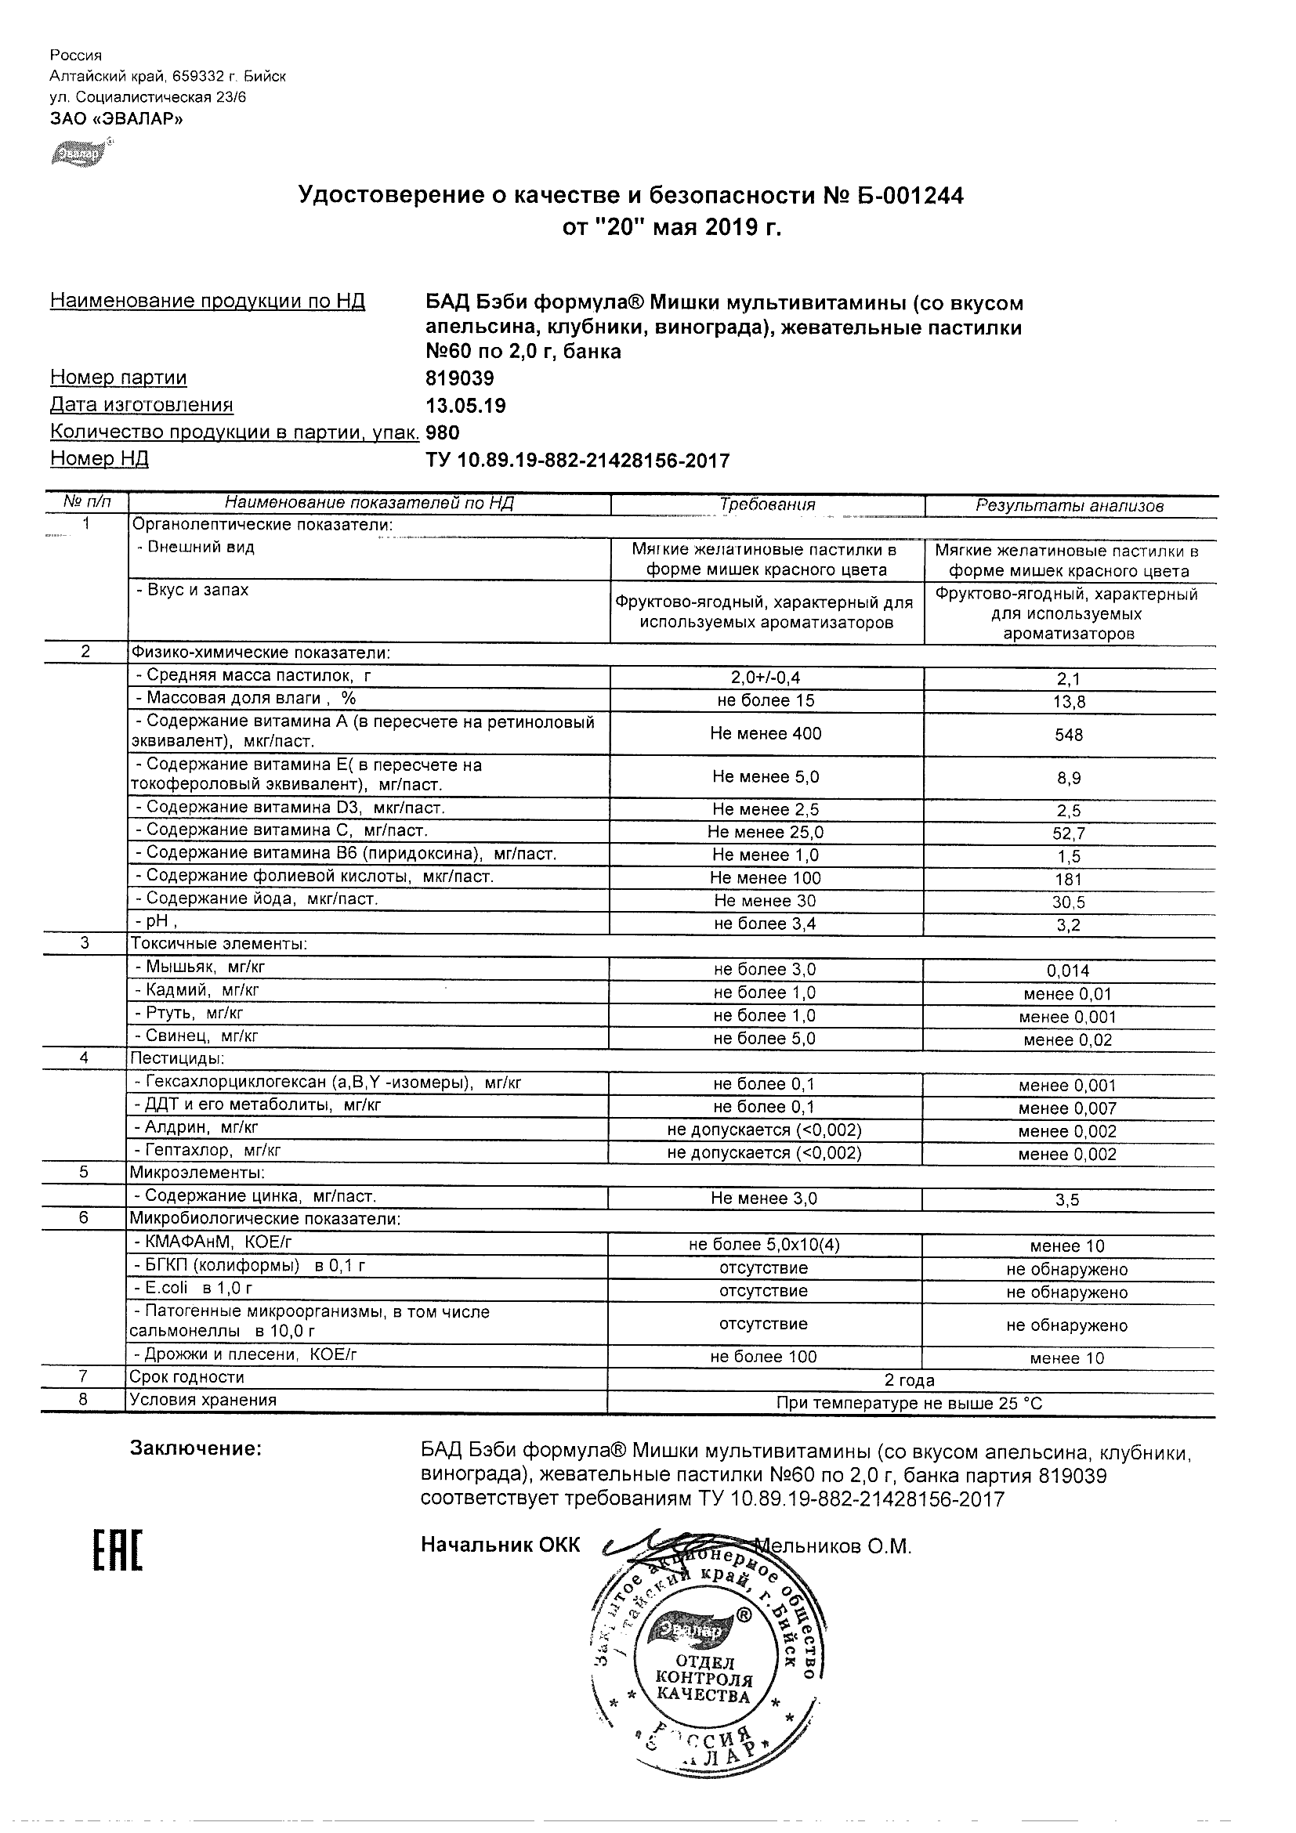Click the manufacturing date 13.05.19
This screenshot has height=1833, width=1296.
pos(465,406)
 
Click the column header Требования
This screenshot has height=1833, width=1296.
pos(766,504)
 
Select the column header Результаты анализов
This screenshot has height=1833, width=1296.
pos(1070,505)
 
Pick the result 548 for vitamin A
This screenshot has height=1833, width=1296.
pos(1069,736)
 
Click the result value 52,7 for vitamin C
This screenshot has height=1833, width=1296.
pos(1069,833)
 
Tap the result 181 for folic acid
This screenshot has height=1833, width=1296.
pos(1069,880)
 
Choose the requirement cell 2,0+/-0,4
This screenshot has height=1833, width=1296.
pos(765,678)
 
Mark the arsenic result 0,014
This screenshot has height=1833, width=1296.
pos(1068,971)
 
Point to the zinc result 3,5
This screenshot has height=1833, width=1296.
pos(1068,1200)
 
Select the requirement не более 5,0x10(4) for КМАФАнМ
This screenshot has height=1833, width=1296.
pos(764,1245)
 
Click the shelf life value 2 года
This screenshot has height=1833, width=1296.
pos(910,1380)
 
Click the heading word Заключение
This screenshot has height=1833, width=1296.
pos(196,1448)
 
